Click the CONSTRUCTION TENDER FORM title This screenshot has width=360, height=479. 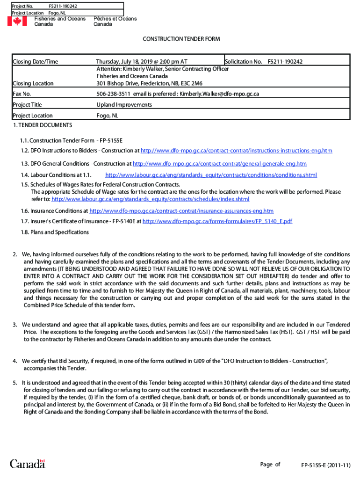click(181, 39)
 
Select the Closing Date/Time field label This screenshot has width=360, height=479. click(36, 62)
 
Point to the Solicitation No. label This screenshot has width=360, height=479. click(243, 62)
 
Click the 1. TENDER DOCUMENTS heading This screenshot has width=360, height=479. click(43, 125)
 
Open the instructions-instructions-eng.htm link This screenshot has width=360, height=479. click(236, 151)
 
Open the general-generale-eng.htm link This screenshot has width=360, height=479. click(220, 164)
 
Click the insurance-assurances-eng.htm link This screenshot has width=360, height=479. click(181, 211)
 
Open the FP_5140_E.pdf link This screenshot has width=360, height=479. click(217, 221)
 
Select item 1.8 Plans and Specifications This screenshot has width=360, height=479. click(55, 232)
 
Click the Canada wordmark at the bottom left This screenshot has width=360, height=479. click(28, 464)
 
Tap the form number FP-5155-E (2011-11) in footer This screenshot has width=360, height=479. click(326, 465)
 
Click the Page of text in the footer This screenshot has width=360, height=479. click(270, 464)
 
